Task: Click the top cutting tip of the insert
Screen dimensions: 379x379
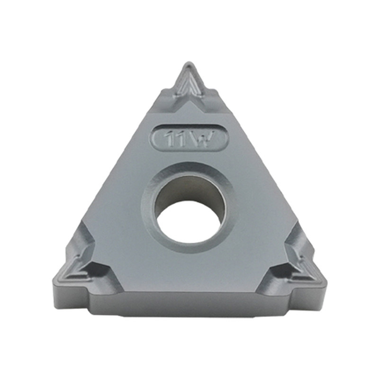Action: (188, 64)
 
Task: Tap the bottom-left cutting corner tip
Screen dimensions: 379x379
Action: (54, 278)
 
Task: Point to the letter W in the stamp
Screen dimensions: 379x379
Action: (204, 140)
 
